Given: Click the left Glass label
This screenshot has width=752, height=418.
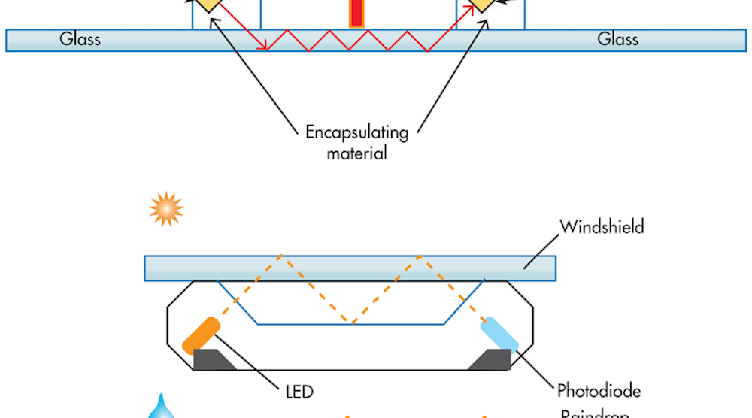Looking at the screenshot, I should [x=80, y=39].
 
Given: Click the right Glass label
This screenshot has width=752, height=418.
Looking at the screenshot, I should [x=618, y=39].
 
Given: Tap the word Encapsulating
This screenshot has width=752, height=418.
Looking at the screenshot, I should [x=356, y=133].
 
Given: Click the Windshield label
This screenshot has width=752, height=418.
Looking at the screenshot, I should [x=602, y=226].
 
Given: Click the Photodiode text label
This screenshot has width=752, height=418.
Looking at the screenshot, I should [x=599, y=391].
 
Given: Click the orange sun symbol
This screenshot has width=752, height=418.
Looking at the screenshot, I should [x=166, y=209].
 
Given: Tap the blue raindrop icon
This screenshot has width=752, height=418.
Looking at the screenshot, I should [x=159, y=407].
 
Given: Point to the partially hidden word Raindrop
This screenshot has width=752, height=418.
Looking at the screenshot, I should [x=599, y=413].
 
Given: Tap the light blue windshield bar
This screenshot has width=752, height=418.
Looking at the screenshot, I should [x=350, y=268].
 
